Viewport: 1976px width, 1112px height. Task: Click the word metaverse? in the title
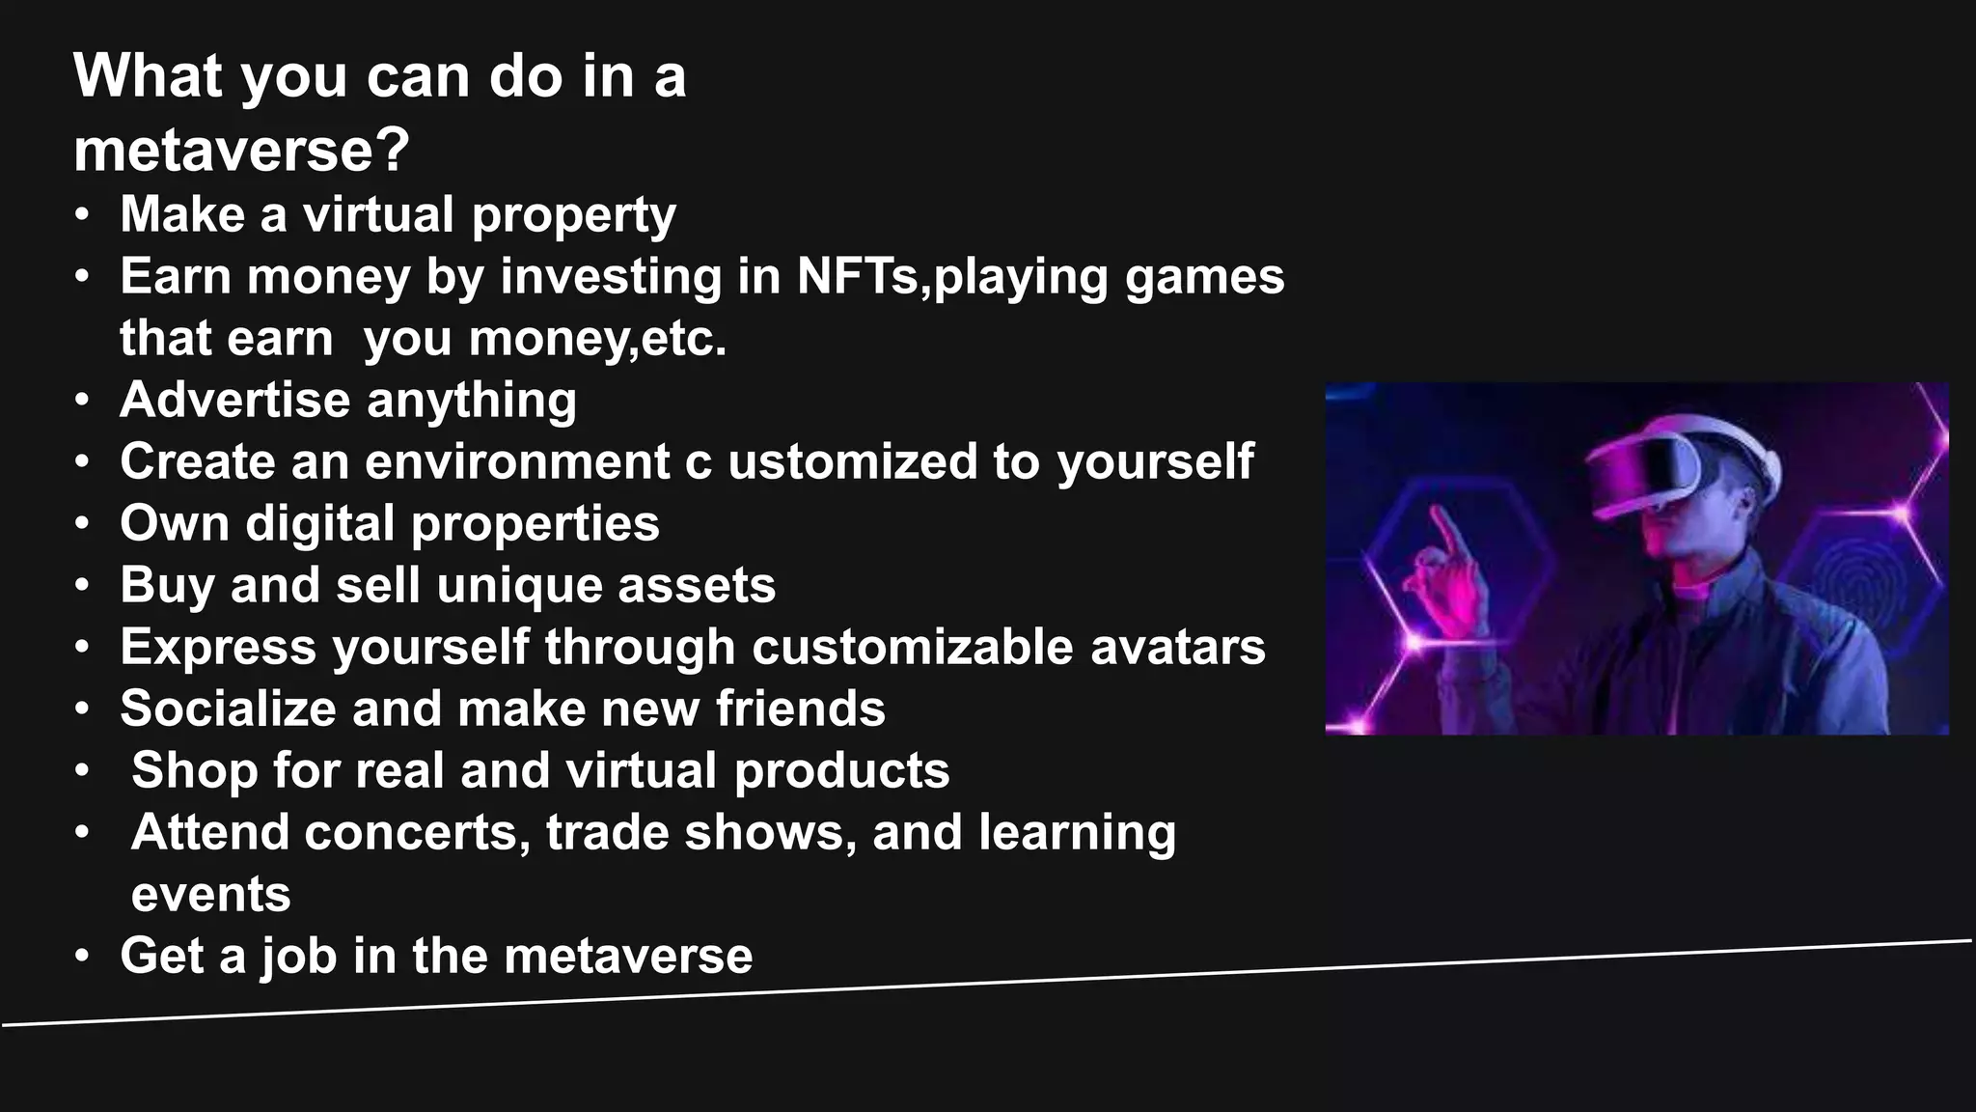[x=241, y=151]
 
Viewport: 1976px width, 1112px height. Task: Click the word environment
[x=517, y=461]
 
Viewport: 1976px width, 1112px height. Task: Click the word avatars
[x=1177, y=647]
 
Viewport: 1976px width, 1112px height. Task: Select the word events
[x=210, y=895]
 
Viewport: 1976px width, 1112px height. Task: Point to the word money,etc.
[x=598, y=339]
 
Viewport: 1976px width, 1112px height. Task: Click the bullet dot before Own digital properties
[x=84, y=524]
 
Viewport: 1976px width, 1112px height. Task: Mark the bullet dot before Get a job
[x=84, y=957]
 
